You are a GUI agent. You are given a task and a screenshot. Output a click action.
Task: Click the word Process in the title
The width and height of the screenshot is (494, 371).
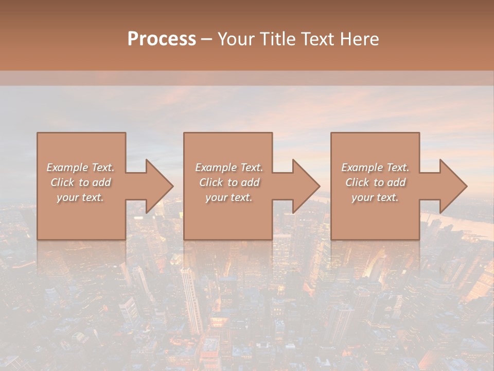pos(162,39)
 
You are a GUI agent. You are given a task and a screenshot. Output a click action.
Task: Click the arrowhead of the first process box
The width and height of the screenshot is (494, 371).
pos(157,186)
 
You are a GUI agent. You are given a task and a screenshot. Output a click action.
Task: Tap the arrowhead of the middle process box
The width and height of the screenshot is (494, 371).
pos(304,186)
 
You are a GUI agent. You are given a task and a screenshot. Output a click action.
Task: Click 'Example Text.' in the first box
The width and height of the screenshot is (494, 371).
pos(81,167)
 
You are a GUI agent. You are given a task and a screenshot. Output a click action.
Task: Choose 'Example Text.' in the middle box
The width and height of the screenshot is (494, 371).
pos(229,167)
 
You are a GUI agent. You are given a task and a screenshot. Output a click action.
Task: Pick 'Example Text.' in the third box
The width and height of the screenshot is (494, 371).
pos(375,167)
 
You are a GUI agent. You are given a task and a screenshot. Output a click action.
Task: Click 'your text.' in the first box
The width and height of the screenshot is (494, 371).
pos(80,197)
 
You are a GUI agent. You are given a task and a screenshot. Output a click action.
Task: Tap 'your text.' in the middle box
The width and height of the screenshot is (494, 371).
pos(228,197)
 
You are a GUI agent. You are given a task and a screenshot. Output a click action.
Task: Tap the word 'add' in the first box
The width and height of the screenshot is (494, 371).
pos(101,182)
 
